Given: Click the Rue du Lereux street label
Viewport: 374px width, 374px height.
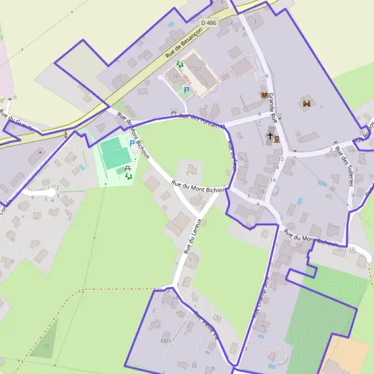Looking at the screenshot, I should pyautogui.click(x=192, y=236).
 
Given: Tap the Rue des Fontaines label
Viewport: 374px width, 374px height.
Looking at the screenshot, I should pyautogui.click(x=201, y=121).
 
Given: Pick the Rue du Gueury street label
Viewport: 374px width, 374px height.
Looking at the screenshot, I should pyautogui.click(x=14, y=119).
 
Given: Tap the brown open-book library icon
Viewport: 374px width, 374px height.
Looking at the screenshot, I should pyautogui.click(x=266, y=95).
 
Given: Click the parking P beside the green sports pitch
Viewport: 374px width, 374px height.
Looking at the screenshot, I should pyautogui.click(x=131, y=143).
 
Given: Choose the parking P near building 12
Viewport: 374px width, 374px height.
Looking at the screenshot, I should pyautogui.click(x=186, y=90).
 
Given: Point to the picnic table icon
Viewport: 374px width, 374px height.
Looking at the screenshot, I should pyautogui.click(x=127, y=168).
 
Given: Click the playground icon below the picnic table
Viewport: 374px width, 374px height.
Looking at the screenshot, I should pyautogui.click(x=129, y=177).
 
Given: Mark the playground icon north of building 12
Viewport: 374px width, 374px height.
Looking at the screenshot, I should pyautogui.click(x=180, y=64).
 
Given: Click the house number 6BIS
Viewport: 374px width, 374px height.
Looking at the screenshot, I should pyautogui.click(x=166, y=342).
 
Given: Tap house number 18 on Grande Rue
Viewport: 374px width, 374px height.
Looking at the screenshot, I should pyautogui.click(x=261, y=191).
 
